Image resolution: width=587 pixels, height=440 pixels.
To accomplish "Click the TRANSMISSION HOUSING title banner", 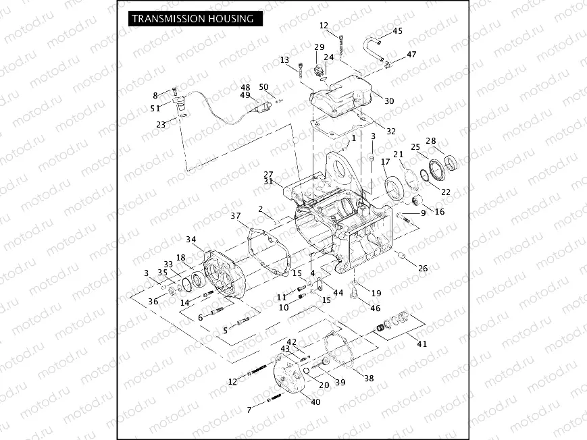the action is point(193,18).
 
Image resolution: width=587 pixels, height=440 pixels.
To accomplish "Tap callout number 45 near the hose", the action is point(397,31).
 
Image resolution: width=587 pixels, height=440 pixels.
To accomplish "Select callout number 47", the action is point(411,54).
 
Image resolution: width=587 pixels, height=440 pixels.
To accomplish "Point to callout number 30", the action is point(389,101).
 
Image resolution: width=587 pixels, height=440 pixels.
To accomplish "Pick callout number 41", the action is point(422,343).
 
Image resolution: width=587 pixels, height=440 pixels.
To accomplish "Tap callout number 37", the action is point(235,216).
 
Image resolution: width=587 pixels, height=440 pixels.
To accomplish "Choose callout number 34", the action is point(192,240).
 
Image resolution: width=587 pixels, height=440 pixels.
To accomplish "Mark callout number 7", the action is point(249,410).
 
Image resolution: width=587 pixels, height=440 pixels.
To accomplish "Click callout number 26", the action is point(423,269).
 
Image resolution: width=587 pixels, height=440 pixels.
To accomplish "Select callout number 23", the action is point(161,124).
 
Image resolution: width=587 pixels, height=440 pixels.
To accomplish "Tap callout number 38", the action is point(369,379).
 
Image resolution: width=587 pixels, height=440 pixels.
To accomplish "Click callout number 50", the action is point(263,87).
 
